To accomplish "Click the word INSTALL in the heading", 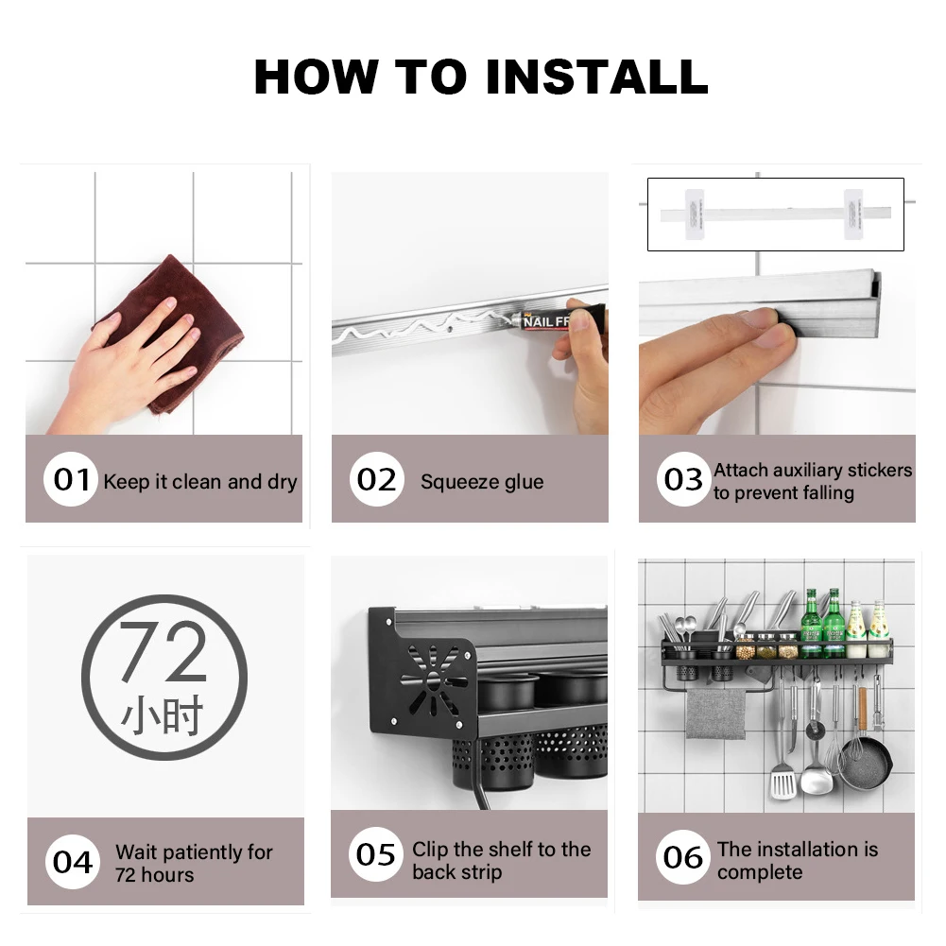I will tap(598, 77).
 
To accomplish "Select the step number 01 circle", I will tap(70, 479).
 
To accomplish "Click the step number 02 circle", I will tap(376, 479).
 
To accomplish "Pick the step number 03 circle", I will tap(682, 479).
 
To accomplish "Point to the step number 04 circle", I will tap(72, 862).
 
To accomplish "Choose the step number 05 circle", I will tap(375, 854).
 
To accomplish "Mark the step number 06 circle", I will tap(682, 857).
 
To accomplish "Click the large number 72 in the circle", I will tap(163, 653).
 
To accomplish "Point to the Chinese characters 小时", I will tap(163, 717).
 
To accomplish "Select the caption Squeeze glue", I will tap(482, 482).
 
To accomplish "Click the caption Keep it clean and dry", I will tap(199, 482).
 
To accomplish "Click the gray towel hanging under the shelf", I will tap(715, 713).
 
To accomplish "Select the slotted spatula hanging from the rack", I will tap(783, 781).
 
